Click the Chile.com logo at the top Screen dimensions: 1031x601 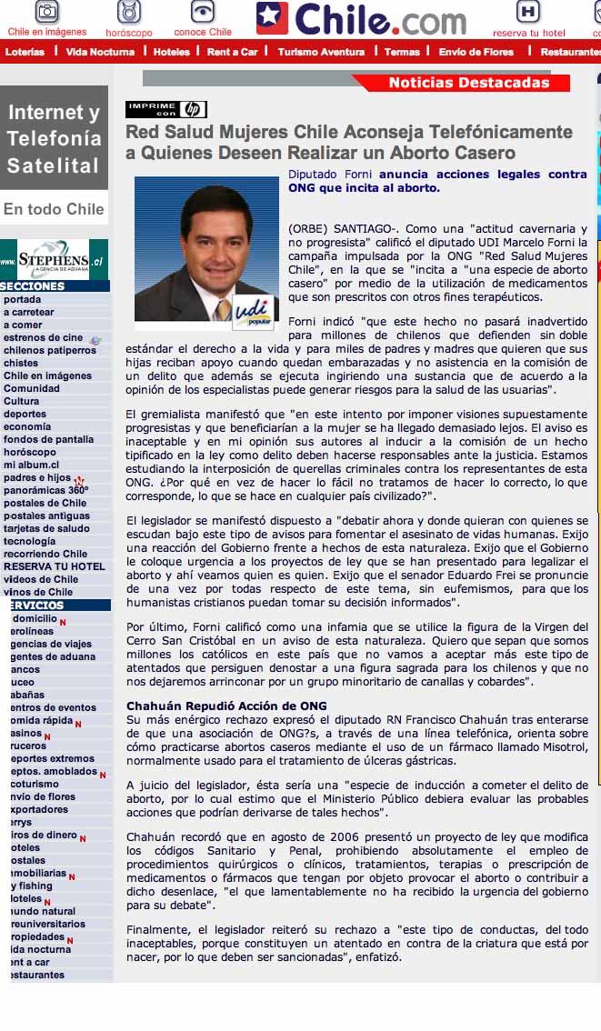point(361,18)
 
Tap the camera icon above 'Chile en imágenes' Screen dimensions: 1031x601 point(47,12)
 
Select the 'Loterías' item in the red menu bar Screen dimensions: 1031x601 point(25,52)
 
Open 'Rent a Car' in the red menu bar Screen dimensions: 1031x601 point(232,52)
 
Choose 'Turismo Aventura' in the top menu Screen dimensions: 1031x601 point(321,52)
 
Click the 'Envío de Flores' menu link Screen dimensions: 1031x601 point(476,52)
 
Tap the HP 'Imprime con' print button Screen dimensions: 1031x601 point(166,110)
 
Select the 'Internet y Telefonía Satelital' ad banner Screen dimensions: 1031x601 point(54,138)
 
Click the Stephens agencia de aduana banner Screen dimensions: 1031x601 point(54,260)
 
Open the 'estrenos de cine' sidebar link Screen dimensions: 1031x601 point(43,337)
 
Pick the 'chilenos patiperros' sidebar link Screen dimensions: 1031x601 point(49,350)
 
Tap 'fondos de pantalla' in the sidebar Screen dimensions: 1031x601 point(48,439)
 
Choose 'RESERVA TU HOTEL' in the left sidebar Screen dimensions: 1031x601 point(54,566)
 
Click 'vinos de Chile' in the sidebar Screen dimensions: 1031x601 point(38,592)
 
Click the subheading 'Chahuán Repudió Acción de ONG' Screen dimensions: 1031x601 point(226,706)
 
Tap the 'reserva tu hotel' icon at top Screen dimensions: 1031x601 point(528,18)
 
